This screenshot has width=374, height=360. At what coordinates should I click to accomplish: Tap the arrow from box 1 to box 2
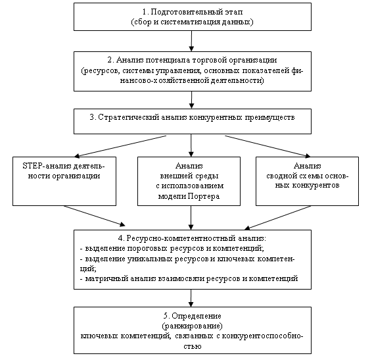coord(191,41)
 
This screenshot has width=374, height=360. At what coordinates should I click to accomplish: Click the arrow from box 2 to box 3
coord(191,100)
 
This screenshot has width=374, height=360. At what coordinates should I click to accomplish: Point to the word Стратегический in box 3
coord(129,117)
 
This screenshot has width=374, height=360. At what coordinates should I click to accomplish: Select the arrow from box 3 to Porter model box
coord(191,145)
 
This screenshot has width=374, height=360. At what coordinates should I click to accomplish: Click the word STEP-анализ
coord(47,166)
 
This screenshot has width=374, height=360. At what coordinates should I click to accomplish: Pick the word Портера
coord(204,196)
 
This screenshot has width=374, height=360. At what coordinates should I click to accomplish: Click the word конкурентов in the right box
coord(316,186)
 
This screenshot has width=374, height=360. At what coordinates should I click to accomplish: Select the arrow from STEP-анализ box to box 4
coord(95,216)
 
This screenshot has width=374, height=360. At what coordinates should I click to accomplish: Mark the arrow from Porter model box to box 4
coord(191,218)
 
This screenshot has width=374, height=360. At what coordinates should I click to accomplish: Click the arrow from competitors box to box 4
coord(277,218)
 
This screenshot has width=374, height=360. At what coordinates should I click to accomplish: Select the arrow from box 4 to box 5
coord(191,298)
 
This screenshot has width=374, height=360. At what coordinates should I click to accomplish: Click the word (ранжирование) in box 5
coord(192,326)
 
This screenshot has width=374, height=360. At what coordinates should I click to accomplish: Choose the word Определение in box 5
coord(197,316)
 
